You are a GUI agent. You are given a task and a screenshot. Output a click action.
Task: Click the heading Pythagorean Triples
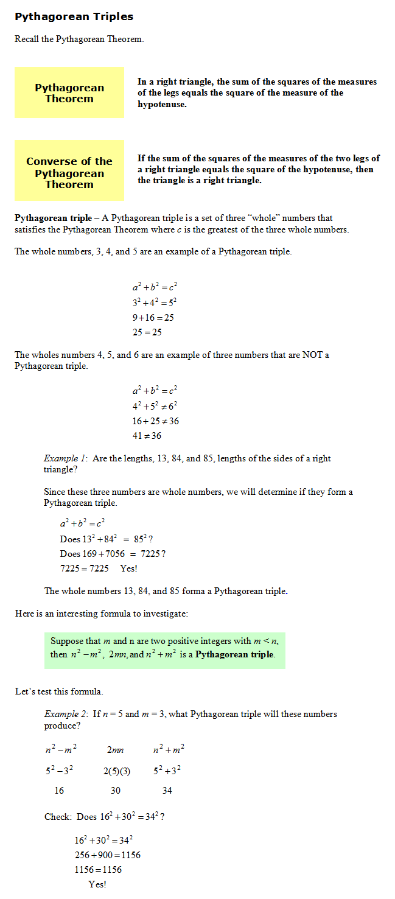(x=74, y=16)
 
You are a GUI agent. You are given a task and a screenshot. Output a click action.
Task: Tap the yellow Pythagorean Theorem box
(x=69, y=93)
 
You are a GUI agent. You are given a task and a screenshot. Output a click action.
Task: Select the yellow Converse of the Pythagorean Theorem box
(x=69, y=170)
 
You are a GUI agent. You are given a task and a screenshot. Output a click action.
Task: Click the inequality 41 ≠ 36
(x=147, y=436)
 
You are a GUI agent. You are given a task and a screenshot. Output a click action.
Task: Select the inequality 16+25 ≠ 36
(x=156, y=421)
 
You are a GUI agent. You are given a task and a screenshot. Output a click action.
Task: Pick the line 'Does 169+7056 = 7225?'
(x=113, y=554)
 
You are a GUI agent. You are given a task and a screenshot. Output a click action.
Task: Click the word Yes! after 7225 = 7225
(x=128, y=568)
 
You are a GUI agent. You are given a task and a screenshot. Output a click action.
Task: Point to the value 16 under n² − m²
(x=59, y=791)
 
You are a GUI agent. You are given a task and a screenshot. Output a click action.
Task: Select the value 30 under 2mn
(x=116, y=791)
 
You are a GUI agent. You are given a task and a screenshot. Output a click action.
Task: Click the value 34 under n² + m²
(x=167, y=791)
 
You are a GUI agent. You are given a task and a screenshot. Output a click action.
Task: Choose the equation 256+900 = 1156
(x=107, y=855)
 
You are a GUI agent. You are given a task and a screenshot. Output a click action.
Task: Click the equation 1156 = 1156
(x=98, y=870)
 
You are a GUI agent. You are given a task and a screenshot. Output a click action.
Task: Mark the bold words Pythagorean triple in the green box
(x=234, y=655)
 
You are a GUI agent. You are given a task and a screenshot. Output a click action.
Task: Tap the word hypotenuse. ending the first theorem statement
(x=162, y=104)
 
